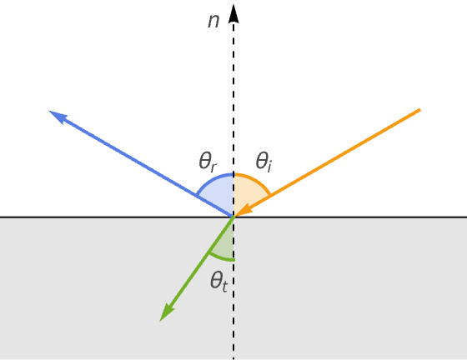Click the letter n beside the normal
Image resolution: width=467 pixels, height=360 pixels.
213,22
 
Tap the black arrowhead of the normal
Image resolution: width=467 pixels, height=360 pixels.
233,13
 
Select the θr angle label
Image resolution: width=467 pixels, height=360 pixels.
208,162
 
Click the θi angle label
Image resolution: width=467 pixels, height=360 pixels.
264,162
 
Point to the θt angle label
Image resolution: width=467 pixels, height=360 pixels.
218,282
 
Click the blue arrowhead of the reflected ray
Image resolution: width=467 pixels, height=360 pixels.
58,116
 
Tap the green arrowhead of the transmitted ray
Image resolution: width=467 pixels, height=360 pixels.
167,312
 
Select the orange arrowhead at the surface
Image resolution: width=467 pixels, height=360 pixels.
244,211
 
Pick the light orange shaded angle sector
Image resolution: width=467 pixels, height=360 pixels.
248,193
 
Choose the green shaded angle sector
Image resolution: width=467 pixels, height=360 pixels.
224,244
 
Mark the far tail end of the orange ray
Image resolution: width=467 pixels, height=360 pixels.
419,110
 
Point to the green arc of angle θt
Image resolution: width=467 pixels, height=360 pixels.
221,258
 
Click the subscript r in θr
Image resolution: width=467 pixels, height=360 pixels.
213,167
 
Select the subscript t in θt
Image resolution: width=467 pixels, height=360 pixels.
224,286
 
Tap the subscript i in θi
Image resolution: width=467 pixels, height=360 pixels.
269,167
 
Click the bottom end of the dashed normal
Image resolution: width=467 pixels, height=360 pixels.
233,359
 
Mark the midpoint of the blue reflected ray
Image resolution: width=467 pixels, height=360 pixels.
142,163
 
